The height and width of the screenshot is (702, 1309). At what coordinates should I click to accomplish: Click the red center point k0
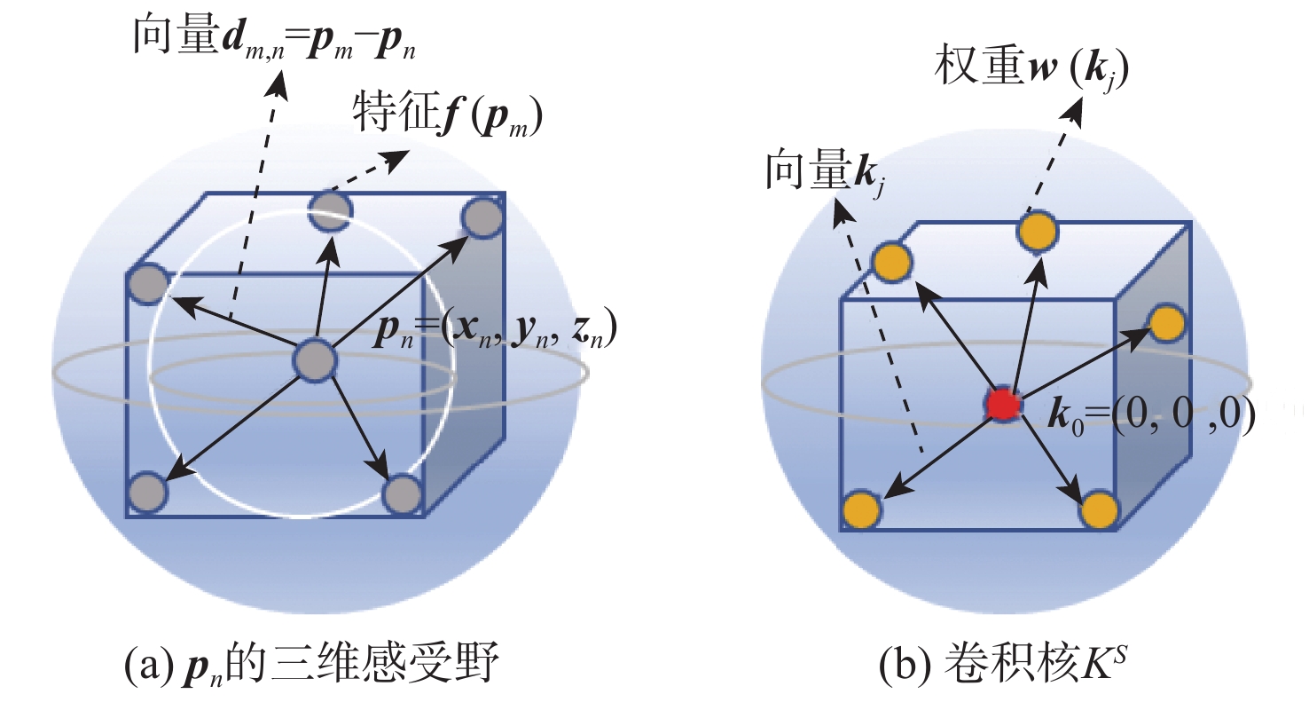(1003, 405)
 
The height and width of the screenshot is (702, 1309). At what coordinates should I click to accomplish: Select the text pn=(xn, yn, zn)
(493, 331)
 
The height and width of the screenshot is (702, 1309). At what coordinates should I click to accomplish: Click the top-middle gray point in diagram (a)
(331, 213)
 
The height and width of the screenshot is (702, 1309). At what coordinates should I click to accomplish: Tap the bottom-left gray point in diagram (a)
(147, 493)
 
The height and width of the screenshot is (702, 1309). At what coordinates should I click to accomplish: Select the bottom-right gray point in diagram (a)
(403, 493)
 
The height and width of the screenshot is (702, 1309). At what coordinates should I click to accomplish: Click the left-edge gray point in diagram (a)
(147, 285)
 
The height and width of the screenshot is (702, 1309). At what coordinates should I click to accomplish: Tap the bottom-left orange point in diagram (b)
(861, 511)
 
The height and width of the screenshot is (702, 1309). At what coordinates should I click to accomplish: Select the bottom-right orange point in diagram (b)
(1098, 511)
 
